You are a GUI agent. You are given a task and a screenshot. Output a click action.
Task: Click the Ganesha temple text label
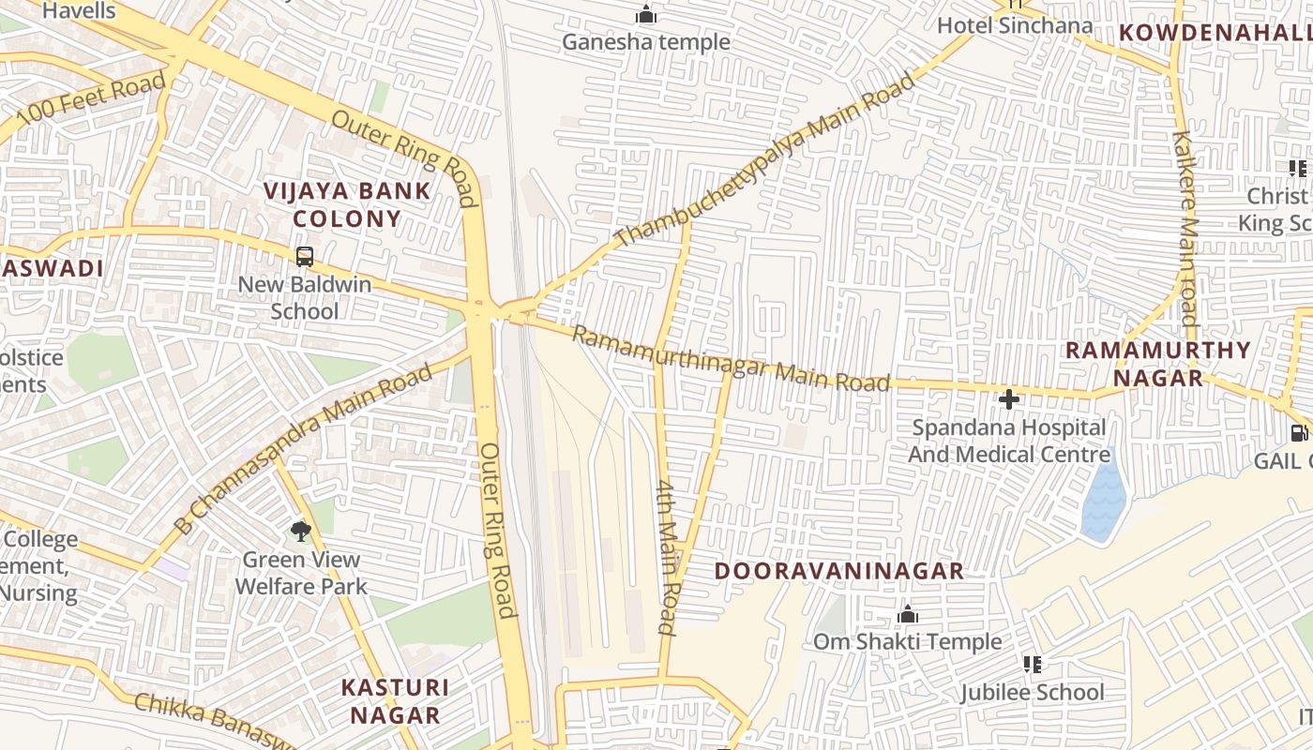[x=645, y=42]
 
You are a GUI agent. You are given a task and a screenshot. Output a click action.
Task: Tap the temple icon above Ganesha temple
[x=645, y=14]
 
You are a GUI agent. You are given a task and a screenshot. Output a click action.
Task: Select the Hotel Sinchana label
[x=1015, y=25]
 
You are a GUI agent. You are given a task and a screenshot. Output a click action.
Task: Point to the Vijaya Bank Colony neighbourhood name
[x=347, y=204]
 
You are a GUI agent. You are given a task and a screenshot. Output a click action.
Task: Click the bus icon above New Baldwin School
[x=304, y=256]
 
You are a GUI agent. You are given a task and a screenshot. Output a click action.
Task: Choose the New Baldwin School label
[x=304, y=297]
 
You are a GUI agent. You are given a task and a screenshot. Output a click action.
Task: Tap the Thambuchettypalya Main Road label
[x=764, y=160]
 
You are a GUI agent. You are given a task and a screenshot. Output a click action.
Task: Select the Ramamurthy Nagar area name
[x=1157, y=364]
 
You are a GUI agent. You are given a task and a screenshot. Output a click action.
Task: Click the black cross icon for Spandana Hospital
[x=1009, y=399]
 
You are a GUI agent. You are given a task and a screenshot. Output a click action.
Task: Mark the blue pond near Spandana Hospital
[x=1103, y=502]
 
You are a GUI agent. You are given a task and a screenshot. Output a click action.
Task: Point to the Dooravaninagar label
[x=839, y=571]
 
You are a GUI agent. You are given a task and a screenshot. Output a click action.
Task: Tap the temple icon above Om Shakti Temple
[x=907, y=614]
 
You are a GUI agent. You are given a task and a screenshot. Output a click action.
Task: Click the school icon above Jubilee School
[x=1033, y=665]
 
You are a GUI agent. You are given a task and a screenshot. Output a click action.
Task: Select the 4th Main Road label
[x=667, y=557]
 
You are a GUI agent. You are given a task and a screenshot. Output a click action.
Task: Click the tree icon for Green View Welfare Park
[x=300, y=532]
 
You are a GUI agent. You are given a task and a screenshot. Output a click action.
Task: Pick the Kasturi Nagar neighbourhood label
[x=395, y=700]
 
